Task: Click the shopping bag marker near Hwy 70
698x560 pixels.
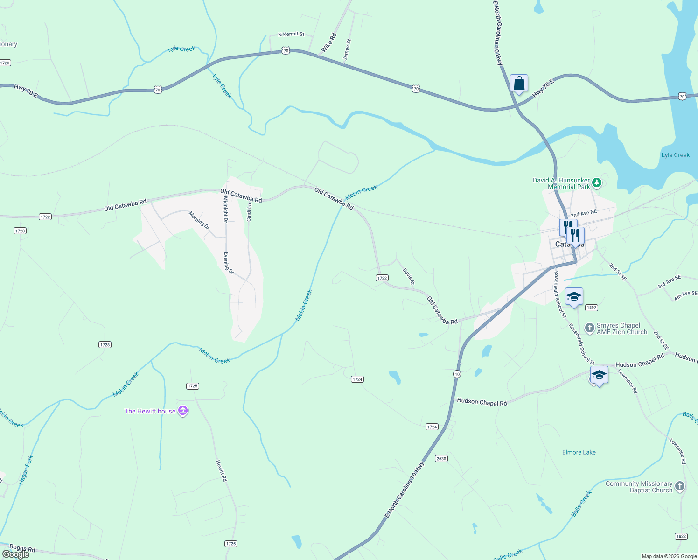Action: point(519,84)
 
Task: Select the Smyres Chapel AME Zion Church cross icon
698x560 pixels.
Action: point(590,328)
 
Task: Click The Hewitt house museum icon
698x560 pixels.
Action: point(183,411)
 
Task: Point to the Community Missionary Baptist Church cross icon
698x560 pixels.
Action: point(680,486)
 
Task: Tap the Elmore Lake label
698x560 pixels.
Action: point(579,452)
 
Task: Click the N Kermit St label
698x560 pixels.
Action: point(291,35)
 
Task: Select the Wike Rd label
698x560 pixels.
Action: point(328,43)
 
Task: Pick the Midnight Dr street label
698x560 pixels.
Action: point(225,209)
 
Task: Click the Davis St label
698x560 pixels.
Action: point(409,276)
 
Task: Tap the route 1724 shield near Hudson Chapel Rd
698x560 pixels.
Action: point(432,427)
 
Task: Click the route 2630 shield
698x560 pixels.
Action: point(441,458)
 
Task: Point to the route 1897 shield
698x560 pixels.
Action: point(591,308)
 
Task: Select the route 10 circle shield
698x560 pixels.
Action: point(457,374)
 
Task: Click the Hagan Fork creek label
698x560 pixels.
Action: point(26,469)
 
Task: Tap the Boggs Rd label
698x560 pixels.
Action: point(22,548)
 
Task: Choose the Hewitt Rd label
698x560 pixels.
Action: point(222,470)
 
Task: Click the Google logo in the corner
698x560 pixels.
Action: point(16,554)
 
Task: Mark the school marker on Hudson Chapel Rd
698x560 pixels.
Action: point(599,375)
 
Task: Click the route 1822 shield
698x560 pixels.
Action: point(681,536)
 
